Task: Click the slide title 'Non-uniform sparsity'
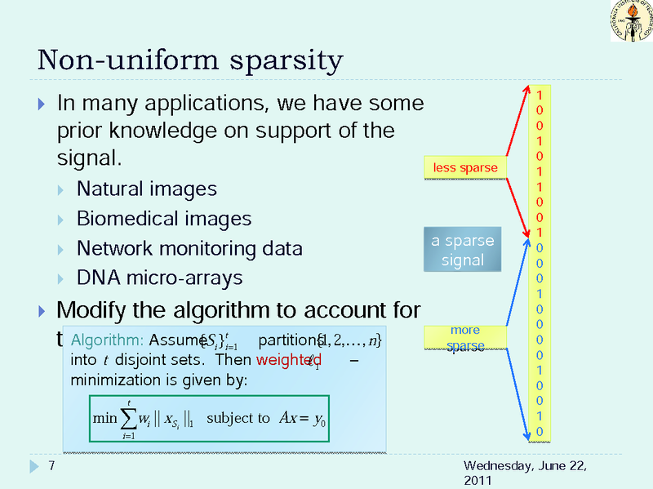click(190, 61)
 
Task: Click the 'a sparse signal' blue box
click(463, 251)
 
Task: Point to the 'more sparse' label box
click(464, 338)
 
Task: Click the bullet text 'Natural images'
click(147, 189)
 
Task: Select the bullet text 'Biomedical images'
click(164, 219)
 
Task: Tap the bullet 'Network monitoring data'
click(189, 248)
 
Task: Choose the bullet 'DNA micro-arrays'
click(159, 278)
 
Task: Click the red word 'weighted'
click(288, 361)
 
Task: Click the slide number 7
click(51, 466)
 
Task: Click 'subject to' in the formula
click(238, 418)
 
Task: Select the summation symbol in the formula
click(129, 420)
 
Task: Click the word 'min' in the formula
click(105, 419)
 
